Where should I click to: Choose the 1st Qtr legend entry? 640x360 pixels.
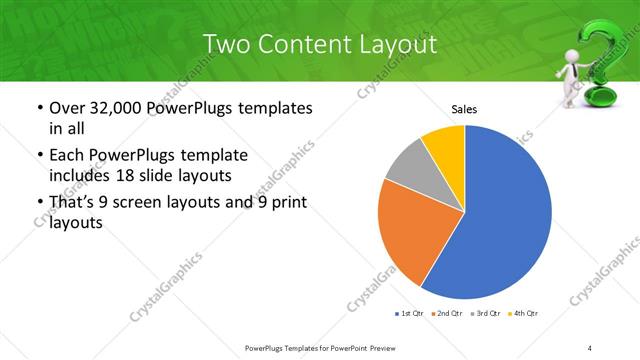[x=410, y=314]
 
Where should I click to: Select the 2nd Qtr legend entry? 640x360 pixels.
[x=448, y=314]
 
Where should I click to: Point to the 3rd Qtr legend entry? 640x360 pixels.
[x=487, y=314]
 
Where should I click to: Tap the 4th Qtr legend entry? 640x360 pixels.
[x=525, y=314]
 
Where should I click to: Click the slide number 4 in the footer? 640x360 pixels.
[x=591, y=347]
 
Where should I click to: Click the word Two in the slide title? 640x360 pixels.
[x=227, y=45]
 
